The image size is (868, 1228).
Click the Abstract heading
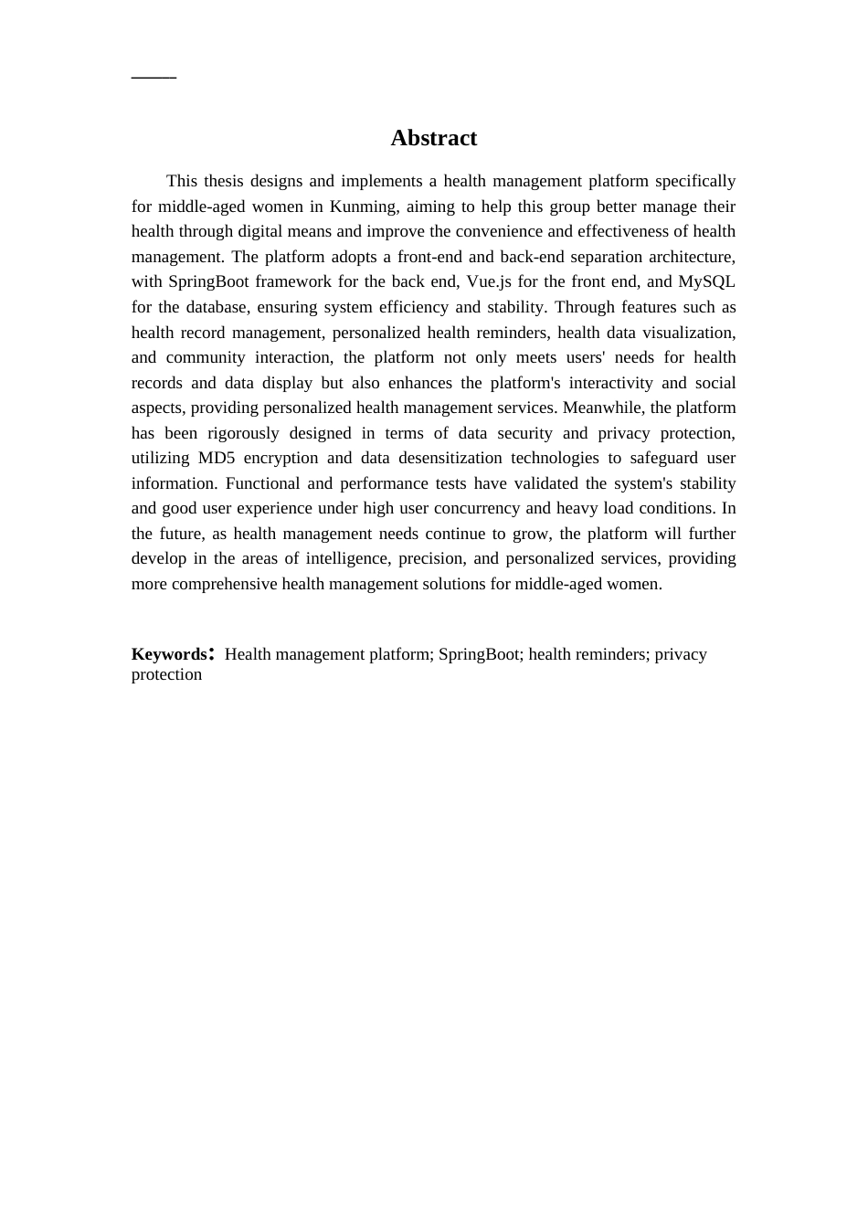click(x=433, y=138)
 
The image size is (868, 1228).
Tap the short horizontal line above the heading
click(x=153, y=78)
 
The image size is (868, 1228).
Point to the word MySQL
click(x=706, y=281)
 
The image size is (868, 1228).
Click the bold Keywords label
click(x=169, y=654)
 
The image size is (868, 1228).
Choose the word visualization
click(x=689, y=333)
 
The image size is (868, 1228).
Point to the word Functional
click(x=261, y=483)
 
